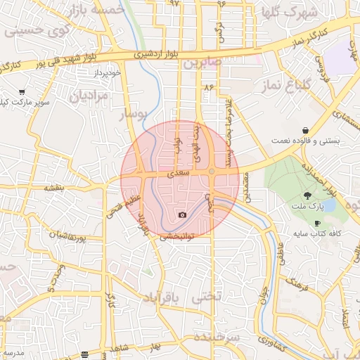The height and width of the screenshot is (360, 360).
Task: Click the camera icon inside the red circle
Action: click(x=183, y=214)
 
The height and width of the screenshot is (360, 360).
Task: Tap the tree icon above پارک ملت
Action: click(x=307, y=195)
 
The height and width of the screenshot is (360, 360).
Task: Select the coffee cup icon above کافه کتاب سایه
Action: click(x=317, y=222)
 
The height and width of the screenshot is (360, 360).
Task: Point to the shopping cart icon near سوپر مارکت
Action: click(x=22, y=92)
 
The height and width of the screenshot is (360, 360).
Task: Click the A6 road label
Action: click(x=207, y=87)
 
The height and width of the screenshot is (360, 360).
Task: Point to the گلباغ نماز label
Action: click(x=296, y=84)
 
